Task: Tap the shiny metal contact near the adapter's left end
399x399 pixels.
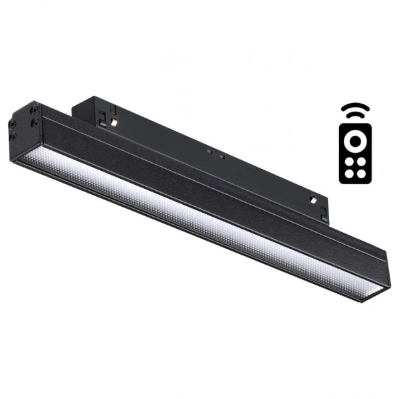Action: click(x=116, y=124)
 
